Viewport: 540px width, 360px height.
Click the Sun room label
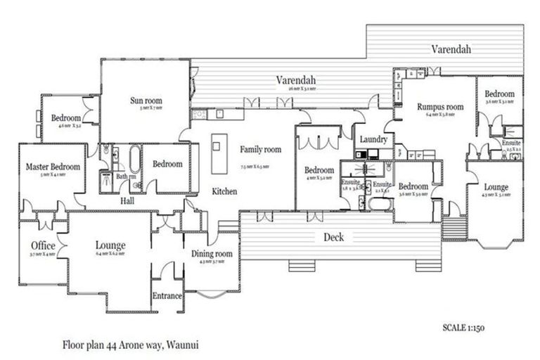point(146,101)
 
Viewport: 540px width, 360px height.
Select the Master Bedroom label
point(53,167)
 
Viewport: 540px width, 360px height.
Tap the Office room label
point(43,245)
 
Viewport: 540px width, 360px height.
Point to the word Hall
point(127,201)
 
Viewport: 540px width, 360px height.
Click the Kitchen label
point(224,191)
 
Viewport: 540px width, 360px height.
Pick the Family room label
point(260,150)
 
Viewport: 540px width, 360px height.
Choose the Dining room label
point(212,254)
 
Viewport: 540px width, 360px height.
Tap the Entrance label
point(168,296)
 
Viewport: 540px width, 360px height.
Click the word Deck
point(333,237)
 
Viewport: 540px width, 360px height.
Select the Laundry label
point(373,139)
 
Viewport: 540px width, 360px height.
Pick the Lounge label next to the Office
point(110,245)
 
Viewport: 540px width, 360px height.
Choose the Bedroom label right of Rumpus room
point(499,94)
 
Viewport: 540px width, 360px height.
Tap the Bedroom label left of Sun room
point(66,118)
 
